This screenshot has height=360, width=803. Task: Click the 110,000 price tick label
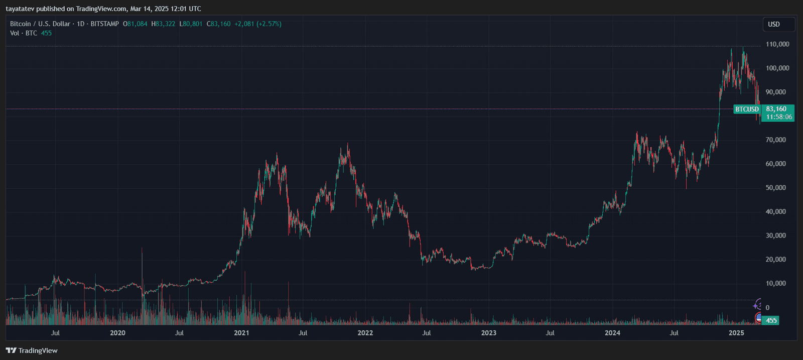(777, 44)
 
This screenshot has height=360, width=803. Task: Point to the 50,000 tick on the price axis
(775, 188)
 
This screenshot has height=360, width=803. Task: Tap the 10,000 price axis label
(775, 283)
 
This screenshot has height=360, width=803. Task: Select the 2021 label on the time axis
(241, 333)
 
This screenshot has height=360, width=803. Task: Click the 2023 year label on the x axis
(488, 333)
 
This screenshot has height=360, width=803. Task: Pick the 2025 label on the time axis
(736, 333)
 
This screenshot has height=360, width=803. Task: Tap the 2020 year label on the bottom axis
(117, 333)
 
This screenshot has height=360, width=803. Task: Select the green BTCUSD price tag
(747, 109)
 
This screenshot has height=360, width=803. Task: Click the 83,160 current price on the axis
(776, 109)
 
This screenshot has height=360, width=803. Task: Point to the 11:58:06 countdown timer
(779, 117)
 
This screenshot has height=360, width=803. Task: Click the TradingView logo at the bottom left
(32, 350)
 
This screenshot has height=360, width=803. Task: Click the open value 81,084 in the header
(138, 24)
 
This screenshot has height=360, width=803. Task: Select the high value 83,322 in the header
(166, 24)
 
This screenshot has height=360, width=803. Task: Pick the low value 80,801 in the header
(193, 24)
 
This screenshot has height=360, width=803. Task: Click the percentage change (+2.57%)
(269, 24)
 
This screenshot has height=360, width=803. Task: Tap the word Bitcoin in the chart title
(21, 24)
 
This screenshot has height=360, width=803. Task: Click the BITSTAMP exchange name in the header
(104, 24)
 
